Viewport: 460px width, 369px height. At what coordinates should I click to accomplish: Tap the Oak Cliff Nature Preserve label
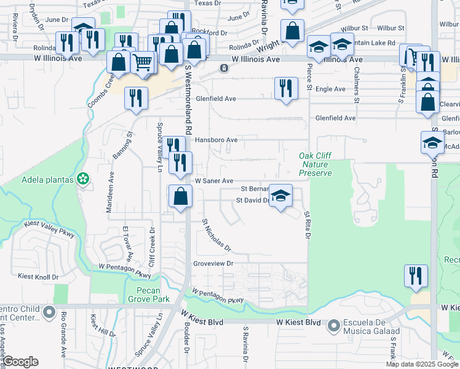[x=315, y=165]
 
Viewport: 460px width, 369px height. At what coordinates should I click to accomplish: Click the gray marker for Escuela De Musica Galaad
[x=334, y=324]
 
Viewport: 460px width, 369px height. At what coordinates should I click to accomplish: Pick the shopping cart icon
[x=143, y=62]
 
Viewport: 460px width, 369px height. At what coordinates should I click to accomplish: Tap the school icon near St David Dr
[x=281, y=196]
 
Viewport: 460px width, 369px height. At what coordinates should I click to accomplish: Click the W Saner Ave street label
[x=214, y=181]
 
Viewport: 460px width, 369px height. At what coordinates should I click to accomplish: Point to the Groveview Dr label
[x=214, y=263]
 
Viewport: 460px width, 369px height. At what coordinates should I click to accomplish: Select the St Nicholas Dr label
[x=216, y=236]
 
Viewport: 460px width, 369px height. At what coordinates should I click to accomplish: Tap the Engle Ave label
[x=330, y=89]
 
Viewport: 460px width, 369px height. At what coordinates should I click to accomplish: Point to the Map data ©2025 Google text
[x=421, y=364]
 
